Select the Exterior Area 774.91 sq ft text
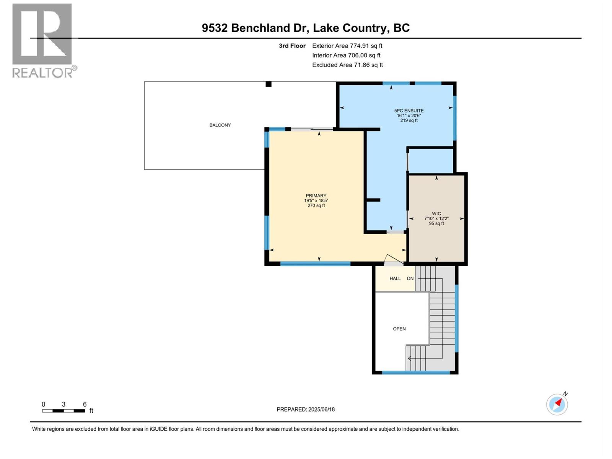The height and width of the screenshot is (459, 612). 347,46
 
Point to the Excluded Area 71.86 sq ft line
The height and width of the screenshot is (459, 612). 347,65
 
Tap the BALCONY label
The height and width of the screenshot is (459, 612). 220,125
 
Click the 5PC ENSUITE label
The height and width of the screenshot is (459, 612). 409,111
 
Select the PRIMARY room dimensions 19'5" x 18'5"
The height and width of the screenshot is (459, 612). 316,200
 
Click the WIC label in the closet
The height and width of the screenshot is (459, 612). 436,214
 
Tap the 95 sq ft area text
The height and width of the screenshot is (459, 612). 436,223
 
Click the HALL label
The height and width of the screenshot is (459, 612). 395,278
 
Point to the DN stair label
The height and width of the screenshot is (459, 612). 410,278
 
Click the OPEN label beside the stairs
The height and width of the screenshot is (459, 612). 399,329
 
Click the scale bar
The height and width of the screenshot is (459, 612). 63,411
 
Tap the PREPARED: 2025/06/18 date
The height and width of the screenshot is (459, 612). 306,409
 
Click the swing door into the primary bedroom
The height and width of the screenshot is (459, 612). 394,260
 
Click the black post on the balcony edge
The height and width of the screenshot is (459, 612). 269,84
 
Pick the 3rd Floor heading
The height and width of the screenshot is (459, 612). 292,46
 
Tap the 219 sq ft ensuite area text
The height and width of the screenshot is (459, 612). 409,120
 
